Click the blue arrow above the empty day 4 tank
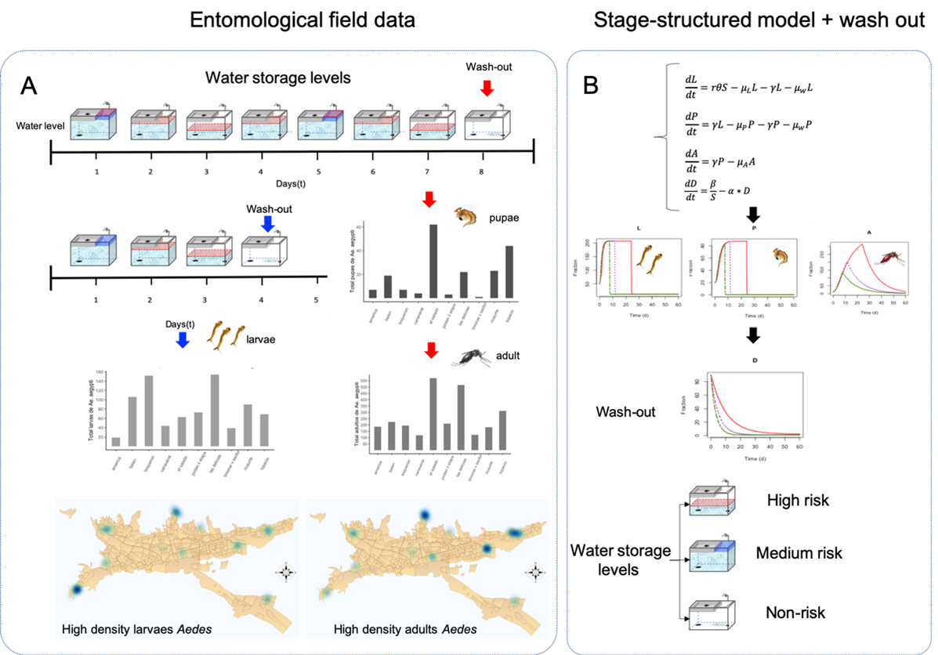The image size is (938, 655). [268, 224]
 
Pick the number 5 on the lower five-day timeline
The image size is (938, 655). [317, 300]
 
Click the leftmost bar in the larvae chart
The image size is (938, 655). [116, 441]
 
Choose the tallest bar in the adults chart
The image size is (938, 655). [432, 414]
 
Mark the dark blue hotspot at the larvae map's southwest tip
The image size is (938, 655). [76, 589]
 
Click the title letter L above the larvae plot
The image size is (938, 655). [639, 228]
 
